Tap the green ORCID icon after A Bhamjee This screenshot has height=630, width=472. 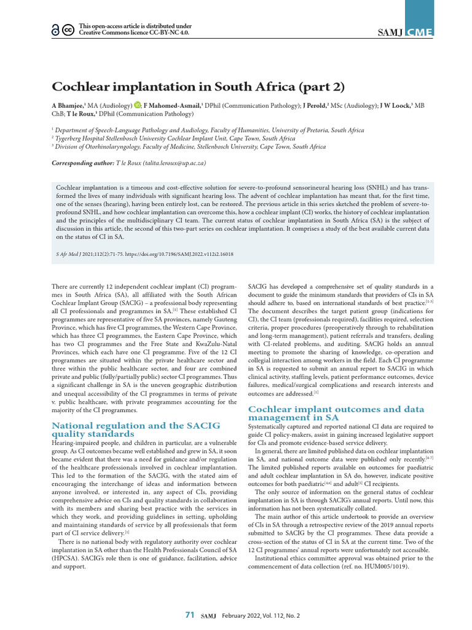137,105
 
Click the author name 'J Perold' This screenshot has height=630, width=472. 314,105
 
